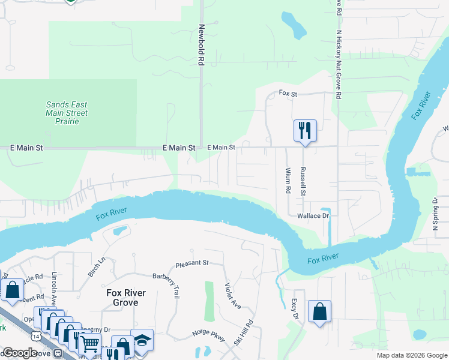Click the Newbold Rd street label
point(202,45)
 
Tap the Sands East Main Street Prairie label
point(67,113)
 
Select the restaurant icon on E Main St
point(305,130)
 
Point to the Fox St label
point(289,93)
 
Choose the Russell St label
point(304,181)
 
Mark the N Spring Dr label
point(436,214)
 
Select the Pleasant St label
point(192,263)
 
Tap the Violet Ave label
point(233,296)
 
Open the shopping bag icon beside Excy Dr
point(319,311)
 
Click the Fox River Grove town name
point(122,298)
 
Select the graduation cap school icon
point(142,340)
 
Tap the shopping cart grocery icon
point(90,344)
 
